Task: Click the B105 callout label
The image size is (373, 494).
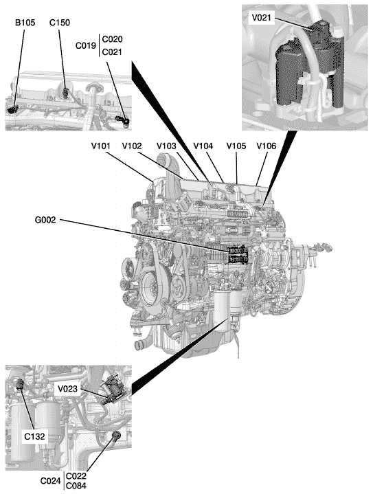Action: pos(25,23)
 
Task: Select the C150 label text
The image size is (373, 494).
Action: pos(60,23)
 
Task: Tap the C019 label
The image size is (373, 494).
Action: pos(86,45)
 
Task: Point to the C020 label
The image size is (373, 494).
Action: pos(112,39)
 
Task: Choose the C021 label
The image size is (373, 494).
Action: pos(112,52)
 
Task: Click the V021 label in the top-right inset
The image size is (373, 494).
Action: pos(261,18)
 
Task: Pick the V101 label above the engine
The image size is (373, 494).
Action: pos(101,146)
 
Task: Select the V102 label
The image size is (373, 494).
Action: pos(132,146)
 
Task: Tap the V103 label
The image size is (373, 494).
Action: pos(166,146)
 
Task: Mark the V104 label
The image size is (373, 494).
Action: pos(203,146)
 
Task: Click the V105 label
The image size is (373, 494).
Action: pos(236,146)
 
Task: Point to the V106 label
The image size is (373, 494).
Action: pos(267,146)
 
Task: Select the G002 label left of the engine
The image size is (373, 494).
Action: pos(45,220)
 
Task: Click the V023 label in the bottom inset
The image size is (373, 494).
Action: pos(67,389)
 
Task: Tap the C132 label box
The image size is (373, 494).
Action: pos(34,436)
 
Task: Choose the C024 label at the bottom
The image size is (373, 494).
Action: pos(50,481)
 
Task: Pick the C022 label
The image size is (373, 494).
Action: pos(76,476)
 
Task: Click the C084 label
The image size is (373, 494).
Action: pos(76,486)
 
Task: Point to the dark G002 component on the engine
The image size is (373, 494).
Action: pos(238,255)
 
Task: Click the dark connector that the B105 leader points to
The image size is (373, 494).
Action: pos(12,109)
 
